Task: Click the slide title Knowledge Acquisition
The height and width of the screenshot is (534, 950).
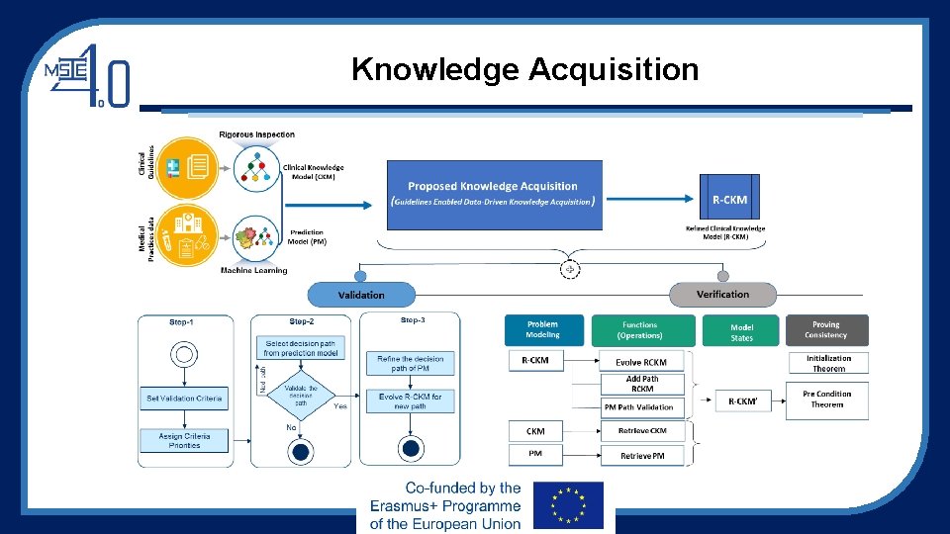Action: pyautogui.click(x=524, y=70)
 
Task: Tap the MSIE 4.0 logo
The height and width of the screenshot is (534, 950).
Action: pyautogui.click(x=87, y=73)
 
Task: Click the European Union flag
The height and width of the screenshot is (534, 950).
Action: pyautogui.click(x=567, y=506)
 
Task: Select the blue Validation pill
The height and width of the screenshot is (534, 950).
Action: pyautogui.click(x=361, y=295)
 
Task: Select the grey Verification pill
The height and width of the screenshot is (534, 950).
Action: pyautogui.click(x=722, y=294)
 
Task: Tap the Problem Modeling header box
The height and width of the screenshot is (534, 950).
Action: pyautogui.click(x=542, y=329)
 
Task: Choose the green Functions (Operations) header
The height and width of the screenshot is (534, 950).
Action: pyautogui.click(x=640, y=329)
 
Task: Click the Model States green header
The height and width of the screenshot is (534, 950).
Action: pyautogui.click(x=741, y=331)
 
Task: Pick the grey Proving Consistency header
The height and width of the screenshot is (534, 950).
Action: pyautogui.click(x=826, y=329)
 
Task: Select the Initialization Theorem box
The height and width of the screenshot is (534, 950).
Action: pyautogui.click(x=827, y=363)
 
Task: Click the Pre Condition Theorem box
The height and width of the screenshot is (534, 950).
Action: pyautogui.click(x=827, y=399)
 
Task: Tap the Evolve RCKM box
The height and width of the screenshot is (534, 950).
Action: pyautogui.click(x=641, y=362)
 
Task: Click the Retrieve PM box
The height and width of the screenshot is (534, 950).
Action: pyautogui.click(x=641, y=455)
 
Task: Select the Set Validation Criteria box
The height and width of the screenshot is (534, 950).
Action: pyautogui.click(x=185, y=398)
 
